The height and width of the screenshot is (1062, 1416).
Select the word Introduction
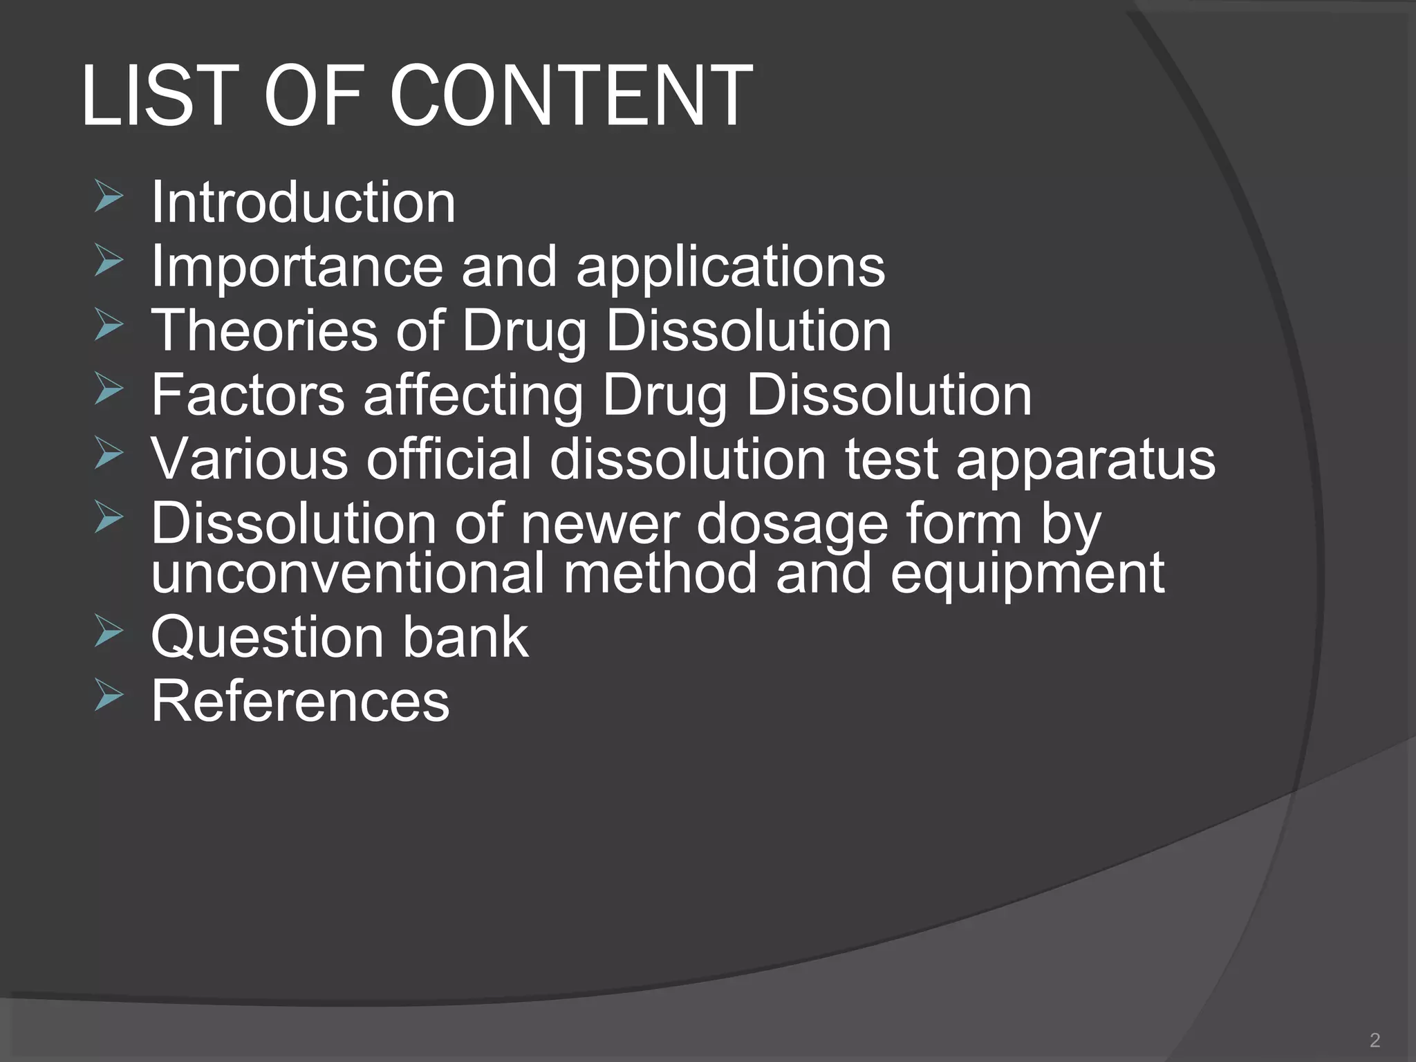point(303,202)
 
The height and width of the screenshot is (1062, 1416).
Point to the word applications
point(730,268)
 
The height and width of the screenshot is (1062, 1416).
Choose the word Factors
point(248,394)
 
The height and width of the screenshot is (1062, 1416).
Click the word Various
point(250,458)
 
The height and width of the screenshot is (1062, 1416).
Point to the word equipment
point(1027,575)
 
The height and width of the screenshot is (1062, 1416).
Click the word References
point(300,700)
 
